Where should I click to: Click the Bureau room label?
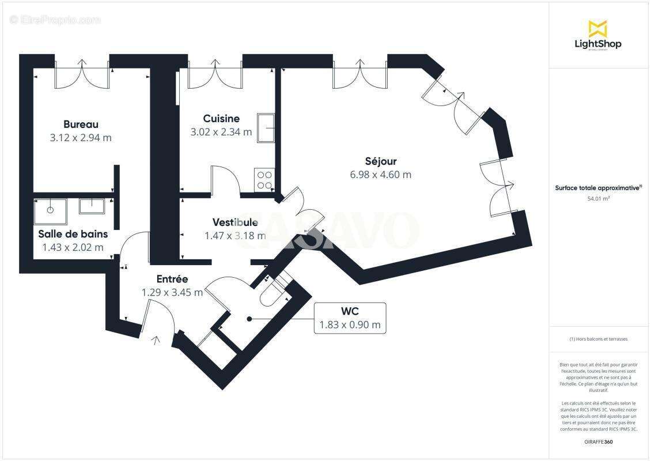click(x=81, y=124)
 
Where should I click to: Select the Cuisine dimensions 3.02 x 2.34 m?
click(x=221, y=132)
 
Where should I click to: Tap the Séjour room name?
click(x=380, y=161)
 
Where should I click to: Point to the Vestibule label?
click(x=235, y=222)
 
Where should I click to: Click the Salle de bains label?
click(x=73, y=234)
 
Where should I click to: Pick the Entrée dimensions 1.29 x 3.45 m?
click(x=172, y=292)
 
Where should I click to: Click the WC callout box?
click(x=350, y=318)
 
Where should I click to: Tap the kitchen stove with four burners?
click(x=264, y=180)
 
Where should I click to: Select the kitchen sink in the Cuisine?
click(x=266, y=127)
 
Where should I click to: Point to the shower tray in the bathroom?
click(x=50, y=211)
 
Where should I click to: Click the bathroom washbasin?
click(x=91, y=206)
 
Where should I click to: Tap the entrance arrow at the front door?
click(x=156, y=341)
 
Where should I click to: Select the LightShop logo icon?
click(x=597, y=29)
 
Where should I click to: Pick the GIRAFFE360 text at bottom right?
click(x=598, y=441)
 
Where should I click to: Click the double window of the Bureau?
click(x=82, y=74)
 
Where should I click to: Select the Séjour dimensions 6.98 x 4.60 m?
click(x=380, y=175)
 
